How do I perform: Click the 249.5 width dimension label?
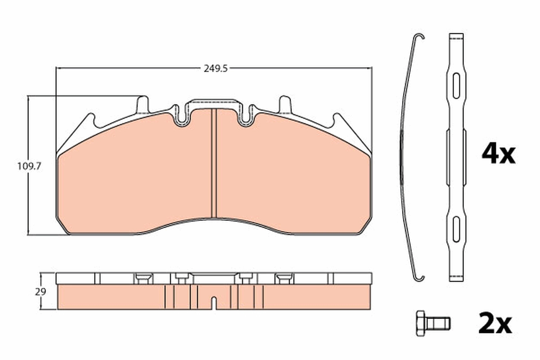click(x=216, y=69)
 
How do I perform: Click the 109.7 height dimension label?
click(x=29, y=166)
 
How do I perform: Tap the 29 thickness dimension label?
click(x=40, y=292)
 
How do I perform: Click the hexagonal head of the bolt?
click(x=421, y=324)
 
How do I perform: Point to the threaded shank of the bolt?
click(x=437, y=324)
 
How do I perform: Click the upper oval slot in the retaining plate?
click(x=456, y=85)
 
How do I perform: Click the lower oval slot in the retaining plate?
click(x=456, y=229)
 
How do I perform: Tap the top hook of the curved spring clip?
click(x=419, y=36)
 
